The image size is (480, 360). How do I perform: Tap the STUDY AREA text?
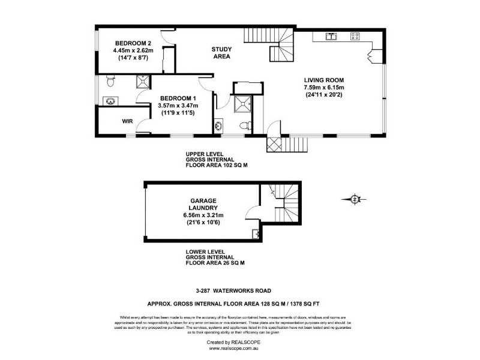click(222, 52)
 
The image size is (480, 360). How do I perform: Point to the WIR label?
click(127, 121)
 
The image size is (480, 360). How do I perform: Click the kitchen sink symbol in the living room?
click(331, 36)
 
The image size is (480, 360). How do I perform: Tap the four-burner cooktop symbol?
click(355, 36)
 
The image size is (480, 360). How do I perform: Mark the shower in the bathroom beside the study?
click(243, 103)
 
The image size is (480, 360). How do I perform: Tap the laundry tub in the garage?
click(256, 234)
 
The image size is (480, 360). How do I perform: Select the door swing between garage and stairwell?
click(264, 193)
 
